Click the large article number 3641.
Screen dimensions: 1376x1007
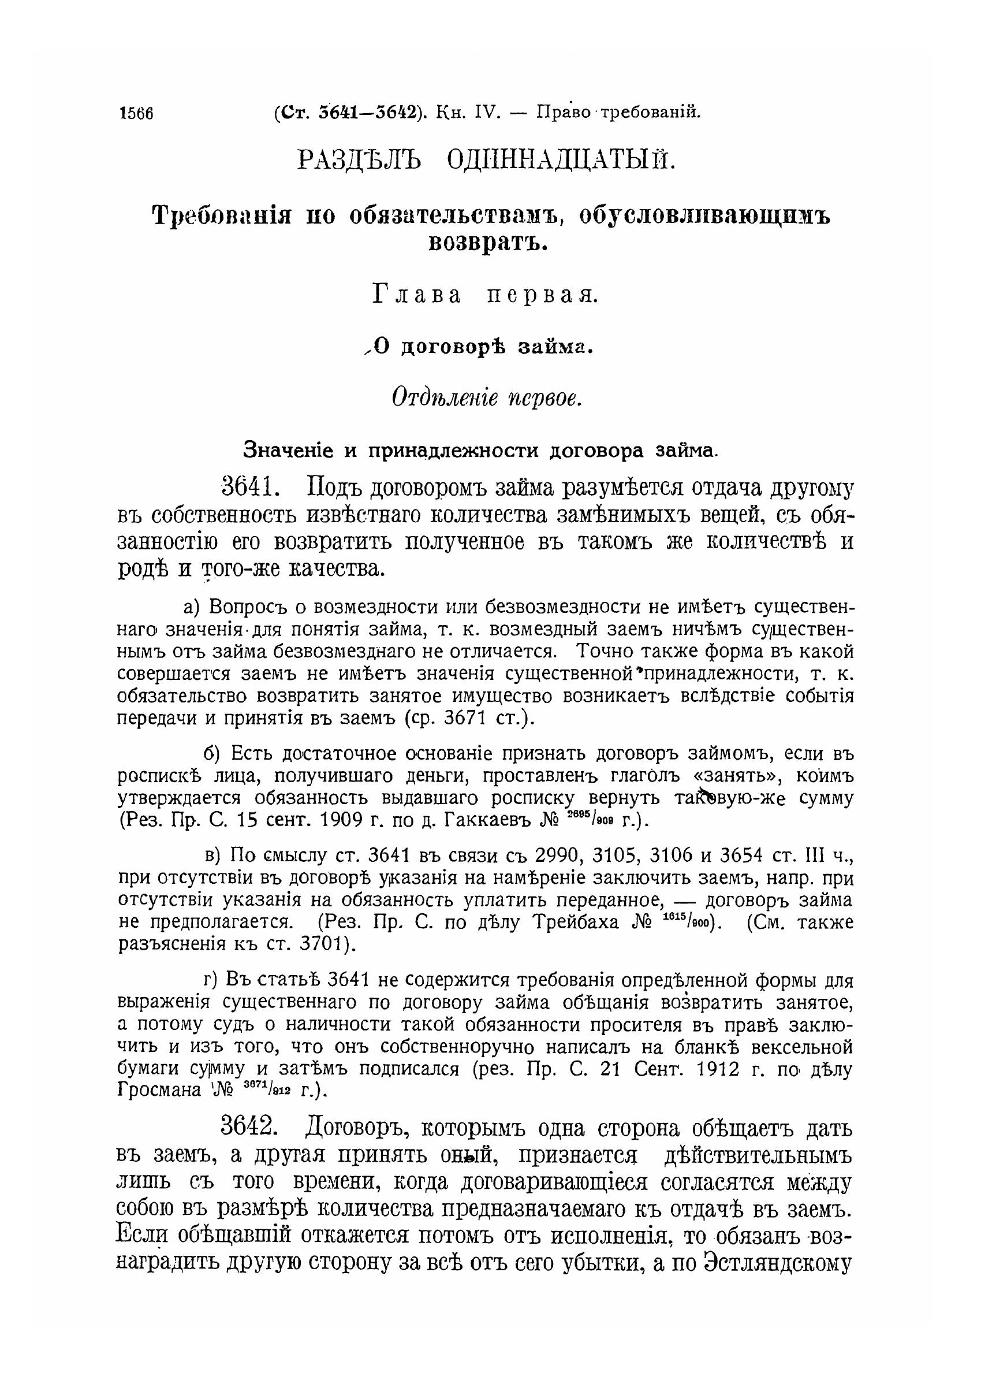click(251, 488)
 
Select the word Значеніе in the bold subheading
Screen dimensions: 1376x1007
click(288, 451)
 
